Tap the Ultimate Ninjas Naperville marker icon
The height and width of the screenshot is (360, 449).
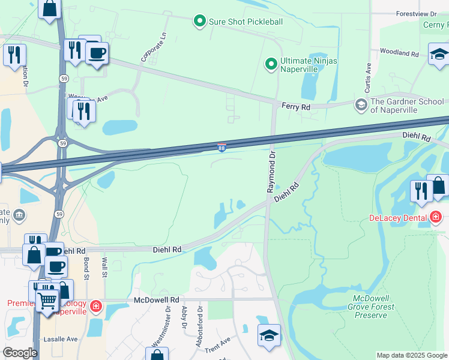pyautogui.click(x=271, y=63)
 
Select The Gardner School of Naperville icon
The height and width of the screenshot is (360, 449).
pyautogui.click(x=361, y=106)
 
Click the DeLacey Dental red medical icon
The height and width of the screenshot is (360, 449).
pyautogui.click(x=436, y=217)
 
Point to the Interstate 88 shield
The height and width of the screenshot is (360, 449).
pyautogui.click(x=221, y=148)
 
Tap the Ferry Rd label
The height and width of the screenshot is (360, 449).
pyautogui.click(x=296, y=107)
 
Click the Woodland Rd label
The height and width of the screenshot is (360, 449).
pyautogui.click(x=399, y=53)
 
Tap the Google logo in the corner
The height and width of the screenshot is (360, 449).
pyautogui.click(x=20, y=353)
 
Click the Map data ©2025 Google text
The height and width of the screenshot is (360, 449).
pyautogui.click(x=411, y=355)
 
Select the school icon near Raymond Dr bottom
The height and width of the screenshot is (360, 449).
pyautogui.click(x=269, y=335)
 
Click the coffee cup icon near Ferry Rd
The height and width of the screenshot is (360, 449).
pyautogui.click(x=96, y=53)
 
